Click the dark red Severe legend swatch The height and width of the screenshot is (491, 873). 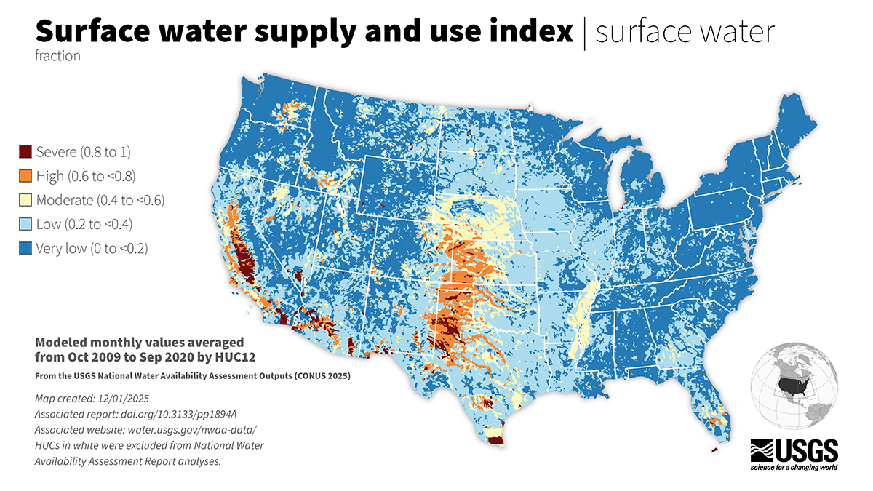click(x=25, y=152)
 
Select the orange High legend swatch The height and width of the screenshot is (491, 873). click(x=25, y=176)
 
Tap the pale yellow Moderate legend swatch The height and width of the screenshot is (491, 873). click(x=25, y=200)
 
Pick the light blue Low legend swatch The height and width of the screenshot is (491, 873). click(x=25, y=224)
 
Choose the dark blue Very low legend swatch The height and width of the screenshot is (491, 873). click(x=25, y=248)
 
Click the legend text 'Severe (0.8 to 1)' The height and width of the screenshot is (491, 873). click(x=83, y=152)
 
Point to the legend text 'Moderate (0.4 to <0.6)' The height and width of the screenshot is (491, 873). click(x=100, y=200)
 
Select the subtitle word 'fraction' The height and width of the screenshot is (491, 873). click(x=57, y=56)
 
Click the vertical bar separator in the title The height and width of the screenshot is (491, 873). click(x=584, y=33)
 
